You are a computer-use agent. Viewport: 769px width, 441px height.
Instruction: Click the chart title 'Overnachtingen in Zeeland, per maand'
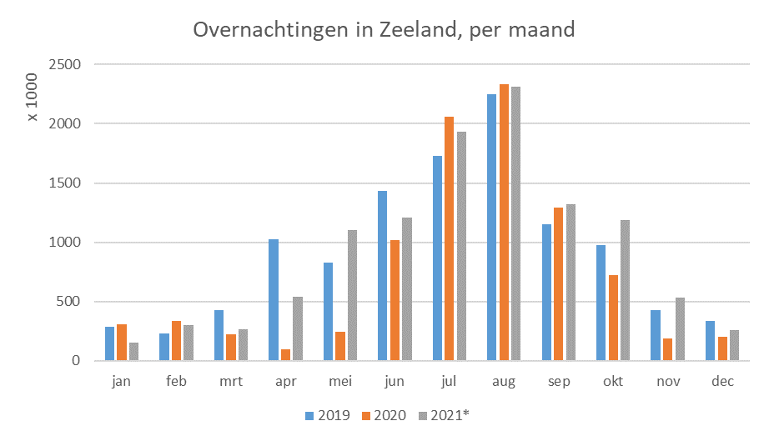tap(384, 30)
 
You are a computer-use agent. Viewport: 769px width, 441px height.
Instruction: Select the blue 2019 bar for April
tap(274, 300)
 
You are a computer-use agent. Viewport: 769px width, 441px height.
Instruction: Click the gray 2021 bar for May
tap(352, 295)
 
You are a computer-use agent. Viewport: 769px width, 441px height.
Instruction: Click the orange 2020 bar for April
tap(285, 355)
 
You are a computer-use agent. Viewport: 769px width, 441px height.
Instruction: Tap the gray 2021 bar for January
tap(134, 352)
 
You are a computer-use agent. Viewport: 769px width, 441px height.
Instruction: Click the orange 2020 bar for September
tap(559, 284)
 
